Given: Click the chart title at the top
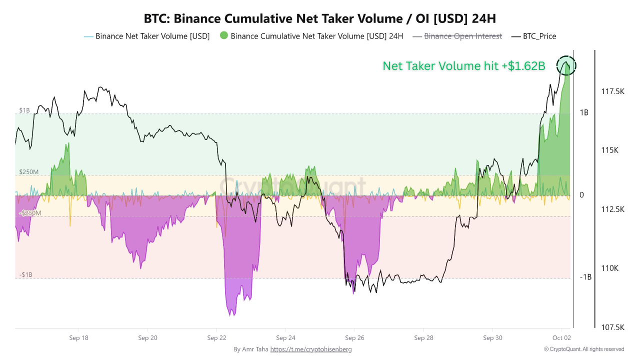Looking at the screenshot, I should [x=320, y=18].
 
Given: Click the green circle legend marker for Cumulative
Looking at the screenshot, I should [x=223, y=36].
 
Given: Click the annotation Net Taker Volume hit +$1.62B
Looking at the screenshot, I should [x=463, y=66].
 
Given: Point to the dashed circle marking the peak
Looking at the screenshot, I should [x=566, y=65].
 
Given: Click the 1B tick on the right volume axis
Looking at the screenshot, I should [x=583, y=112].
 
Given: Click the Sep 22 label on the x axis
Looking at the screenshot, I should [x=216, y=338].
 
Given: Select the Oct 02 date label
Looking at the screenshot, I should [x=561, y=338].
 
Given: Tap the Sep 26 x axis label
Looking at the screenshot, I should [x=354, y=338].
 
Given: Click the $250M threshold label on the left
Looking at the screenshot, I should [x=28, y=172].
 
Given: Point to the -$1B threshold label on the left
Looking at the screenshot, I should [x=27, y=275].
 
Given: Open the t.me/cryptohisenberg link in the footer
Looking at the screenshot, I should [x=310, y=349].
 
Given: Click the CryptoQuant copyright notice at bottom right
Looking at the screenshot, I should [x=583, y=349].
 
